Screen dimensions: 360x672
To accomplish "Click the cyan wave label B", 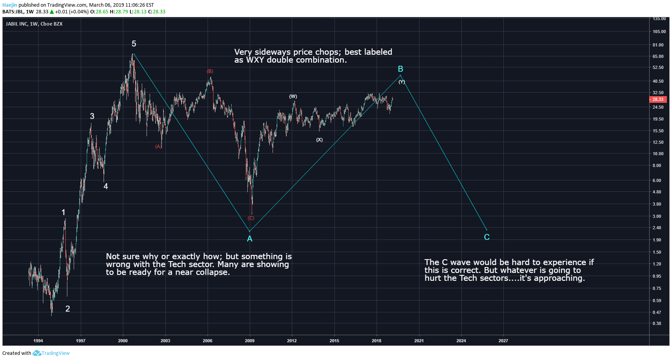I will point(400,69).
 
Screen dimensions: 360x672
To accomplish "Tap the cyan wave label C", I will point(487,237).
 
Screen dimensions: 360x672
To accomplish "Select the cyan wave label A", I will point(249,239).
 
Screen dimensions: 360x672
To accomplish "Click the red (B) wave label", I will point(210,71).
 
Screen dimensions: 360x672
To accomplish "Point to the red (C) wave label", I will point(251,218).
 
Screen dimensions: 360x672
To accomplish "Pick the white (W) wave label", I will point(293,96).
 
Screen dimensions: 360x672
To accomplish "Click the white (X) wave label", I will point(319,140).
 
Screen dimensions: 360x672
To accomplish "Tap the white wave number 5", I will point(134,44).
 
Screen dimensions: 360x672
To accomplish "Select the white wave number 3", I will point(92,116).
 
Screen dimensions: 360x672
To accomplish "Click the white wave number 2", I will point(68,309).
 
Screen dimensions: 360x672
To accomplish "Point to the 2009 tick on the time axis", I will point(249,341).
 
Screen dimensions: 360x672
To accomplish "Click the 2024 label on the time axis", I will point(461,341).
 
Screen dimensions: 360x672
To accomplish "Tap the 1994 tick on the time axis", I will point(38,341).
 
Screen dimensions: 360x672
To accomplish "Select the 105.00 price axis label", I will point(659,32).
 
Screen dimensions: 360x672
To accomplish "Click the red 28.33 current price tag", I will point(657,99).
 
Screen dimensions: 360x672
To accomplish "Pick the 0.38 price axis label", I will point(657,323).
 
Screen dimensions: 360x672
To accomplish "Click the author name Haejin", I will point(10,5).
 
